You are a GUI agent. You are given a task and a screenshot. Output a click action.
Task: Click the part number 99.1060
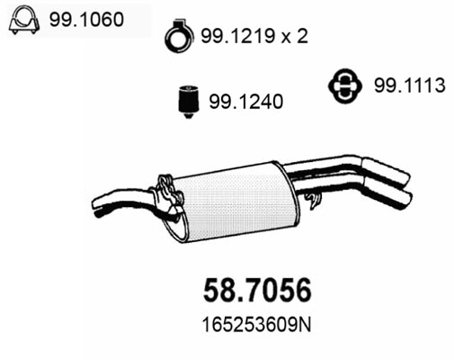[x=86, y=20]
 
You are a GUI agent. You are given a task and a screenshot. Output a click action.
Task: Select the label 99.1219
[x=238, y=36]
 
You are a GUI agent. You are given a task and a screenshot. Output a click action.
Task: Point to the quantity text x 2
[x=295, y=36]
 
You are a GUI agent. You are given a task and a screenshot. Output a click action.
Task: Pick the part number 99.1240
[x=246, y=102]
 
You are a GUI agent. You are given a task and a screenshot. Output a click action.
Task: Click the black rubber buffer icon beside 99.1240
[x=188, y=102]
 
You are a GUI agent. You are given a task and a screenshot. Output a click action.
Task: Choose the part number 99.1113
[x=410, y=85]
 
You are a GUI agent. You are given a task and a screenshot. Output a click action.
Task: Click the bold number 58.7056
[x=257, y=290]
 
